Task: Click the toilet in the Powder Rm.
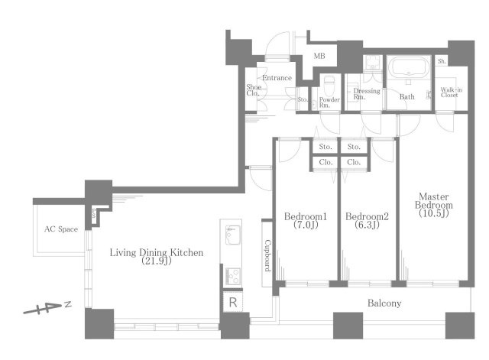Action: (x=329, y=86)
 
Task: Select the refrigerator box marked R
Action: (x=232, y=302)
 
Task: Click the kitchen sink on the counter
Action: (x=233, y=235)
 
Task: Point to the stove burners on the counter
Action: (x=233, y=276)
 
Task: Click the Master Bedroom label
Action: (x=434, y=205)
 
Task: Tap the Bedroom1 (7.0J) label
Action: (x=306, y=220)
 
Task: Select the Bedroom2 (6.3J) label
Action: (x=367, y=220)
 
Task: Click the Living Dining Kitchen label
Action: (x=157, y=256)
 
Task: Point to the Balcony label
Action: (x=384, y=303)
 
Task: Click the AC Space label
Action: (x=61, y=229)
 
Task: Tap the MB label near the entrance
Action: (x=319, y=56)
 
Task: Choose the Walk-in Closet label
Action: (x=451, y=92)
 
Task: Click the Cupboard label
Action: (x=267, y=255)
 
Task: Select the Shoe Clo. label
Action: (x=254, y=90)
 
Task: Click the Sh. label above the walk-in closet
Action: (x=442, y=61)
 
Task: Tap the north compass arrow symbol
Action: (x=47, y=307)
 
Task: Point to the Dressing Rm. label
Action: (x=367, y=94)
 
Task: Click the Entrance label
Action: (x=277, y=78)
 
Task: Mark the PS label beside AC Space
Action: (x=93, y=213)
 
